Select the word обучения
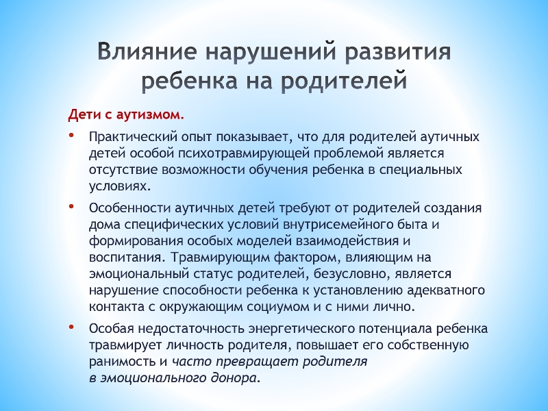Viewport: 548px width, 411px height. (x=279, y=170)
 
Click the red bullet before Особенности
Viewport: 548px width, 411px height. (x=71, y=206)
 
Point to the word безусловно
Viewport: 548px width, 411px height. (x=351, y=273)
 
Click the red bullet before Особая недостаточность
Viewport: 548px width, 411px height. (x=71, y=327)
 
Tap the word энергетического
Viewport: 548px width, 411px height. (x=301, y=329)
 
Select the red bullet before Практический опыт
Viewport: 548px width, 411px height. (x=71, y=135)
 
